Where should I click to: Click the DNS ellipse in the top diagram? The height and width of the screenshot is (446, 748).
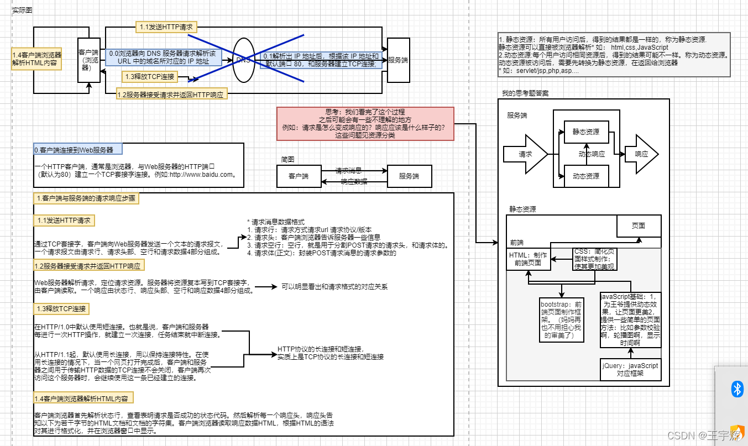pyautogui.click(x=244, y=60)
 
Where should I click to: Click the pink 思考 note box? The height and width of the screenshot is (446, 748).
pyautogui.click(x=365, y=123)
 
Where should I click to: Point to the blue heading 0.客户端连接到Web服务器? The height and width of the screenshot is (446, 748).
pyautogui.click(x=77, y=149)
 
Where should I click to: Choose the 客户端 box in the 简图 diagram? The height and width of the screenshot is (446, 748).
pyautogui.click(x=299, y=176)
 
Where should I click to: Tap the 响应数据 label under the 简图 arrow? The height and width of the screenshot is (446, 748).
pyautogui.click(x=354, y=181)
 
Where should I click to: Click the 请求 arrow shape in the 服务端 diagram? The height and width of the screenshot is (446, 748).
pyautogui.click(x=525, y=154)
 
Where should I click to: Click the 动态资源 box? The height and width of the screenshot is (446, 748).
pyautogui.click(x=585, y=176)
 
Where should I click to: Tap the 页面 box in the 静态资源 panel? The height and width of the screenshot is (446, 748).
pyautogui.click(x=639, y=225)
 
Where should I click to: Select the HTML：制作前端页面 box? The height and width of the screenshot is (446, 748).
pyautogui.click(x=529, y=259)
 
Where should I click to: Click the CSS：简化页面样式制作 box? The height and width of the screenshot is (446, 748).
pyautogui.click(x=594, y=259)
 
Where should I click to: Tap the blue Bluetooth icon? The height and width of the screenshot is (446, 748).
pyautogui.click(x=737, y=389)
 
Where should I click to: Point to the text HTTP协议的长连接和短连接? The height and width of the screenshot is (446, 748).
pyautogui.click(x=320, y=349)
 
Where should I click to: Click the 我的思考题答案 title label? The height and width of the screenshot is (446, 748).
pyautogui.click(x=525, y=93)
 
